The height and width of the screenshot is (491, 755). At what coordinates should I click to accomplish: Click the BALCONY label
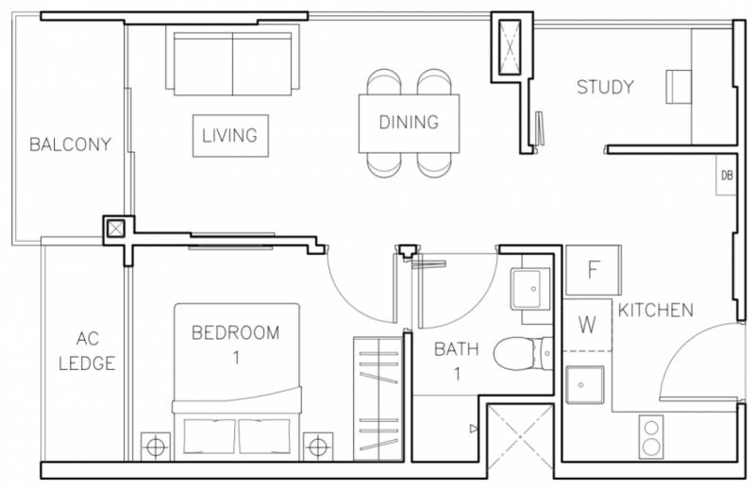[x=70, y=144]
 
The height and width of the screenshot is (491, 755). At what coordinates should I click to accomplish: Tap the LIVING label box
[x=230, y=135]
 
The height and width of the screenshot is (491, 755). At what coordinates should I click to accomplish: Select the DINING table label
[x=409, y=123]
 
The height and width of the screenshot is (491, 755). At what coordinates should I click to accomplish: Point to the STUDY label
[x=605, y=87]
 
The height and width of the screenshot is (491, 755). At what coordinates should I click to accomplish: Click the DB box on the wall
[x=726, y=175]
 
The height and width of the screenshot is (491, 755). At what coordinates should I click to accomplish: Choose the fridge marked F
[x=593, y=270]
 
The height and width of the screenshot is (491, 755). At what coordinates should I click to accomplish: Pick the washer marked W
[x=587, y=325]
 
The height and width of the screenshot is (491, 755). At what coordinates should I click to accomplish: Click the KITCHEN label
[x=656, y=311]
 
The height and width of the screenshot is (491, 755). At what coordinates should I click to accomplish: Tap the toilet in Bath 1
[x=524, y=353]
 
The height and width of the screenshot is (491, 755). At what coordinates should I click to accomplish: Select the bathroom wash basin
[x=530, y=289]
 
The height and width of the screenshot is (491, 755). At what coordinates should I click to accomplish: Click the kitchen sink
[x=584, y=384]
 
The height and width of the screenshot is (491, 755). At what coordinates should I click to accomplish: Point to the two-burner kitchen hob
[x=651, y=436]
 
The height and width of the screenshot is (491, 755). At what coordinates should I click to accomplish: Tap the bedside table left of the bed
[x=156, y=447]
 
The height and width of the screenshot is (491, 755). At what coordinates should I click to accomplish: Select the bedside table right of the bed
[x=318, y=447]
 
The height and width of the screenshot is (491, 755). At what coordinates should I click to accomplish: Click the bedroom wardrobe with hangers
[x=378, y=399]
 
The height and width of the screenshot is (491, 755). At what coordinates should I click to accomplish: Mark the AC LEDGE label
[x=87, y=351]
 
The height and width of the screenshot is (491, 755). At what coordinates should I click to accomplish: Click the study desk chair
[x=679, y=87]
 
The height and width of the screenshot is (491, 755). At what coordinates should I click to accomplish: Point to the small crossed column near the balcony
[x=115, y=228]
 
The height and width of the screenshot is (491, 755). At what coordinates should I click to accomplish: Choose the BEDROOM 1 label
[x=235, y=345]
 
